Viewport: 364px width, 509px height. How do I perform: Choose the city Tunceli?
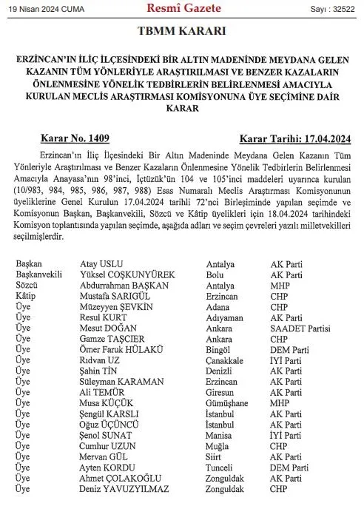[x=229, y=468]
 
